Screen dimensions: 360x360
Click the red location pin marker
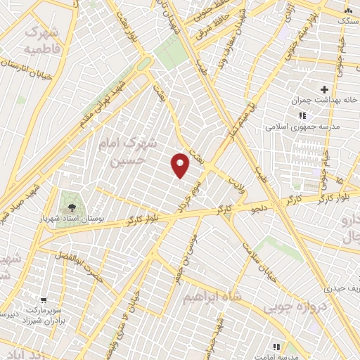click(181, 165)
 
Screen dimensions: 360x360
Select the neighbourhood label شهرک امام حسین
click(129, 152)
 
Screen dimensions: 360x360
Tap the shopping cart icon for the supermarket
click(44, 298)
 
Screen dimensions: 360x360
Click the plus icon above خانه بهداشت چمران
click(324, 89)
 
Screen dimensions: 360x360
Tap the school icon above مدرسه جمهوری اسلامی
click(301, 115)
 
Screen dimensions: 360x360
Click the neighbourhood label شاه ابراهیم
click(212, 297)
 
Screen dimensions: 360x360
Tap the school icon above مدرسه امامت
click(276, 346)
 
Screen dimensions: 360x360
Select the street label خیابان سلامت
click(257, 262)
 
